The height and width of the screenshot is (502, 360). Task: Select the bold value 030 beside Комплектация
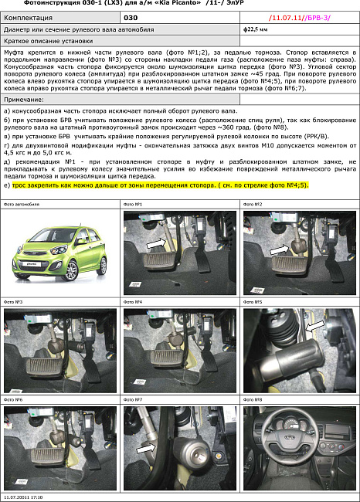(x=131, y=15)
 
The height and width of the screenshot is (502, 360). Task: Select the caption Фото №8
(x=253, y=400)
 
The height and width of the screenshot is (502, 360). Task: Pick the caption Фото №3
(x=13, y=302)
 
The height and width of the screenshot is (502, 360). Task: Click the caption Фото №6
(x=13, y=400)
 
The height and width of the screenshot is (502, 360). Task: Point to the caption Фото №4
(x=133, y=302)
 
